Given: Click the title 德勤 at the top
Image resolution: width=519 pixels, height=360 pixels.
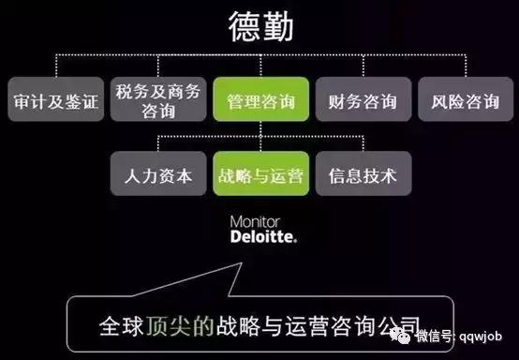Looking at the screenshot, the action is coord(259,27).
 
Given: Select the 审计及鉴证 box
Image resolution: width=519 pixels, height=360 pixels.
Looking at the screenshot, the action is coord(56,102).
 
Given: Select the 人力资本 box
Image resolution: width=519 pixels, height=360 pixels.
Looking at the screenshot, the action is coord(156,175).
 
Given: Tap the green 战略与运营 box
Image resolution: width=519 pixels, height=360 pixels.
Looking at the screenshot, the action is coord(259,175).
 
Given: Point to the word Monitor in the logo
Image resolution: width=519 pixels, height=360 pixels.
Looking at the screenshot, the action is coord(255,223).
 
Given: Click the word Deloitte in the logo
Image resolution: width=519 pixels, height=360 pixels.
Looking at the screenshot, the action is coord(263,237).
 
